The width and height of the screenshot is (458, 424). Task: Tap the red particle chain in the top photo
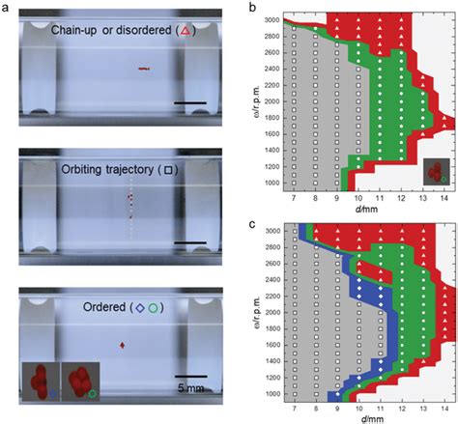(x=144, y=69)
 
